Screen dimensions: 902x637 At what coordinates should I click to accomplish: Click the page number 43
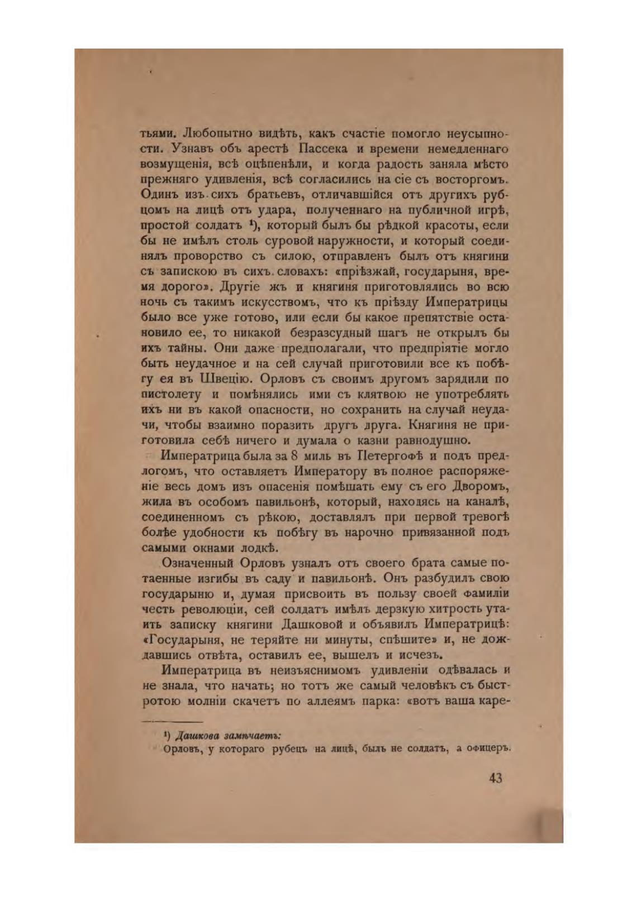tap(494, 777)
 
